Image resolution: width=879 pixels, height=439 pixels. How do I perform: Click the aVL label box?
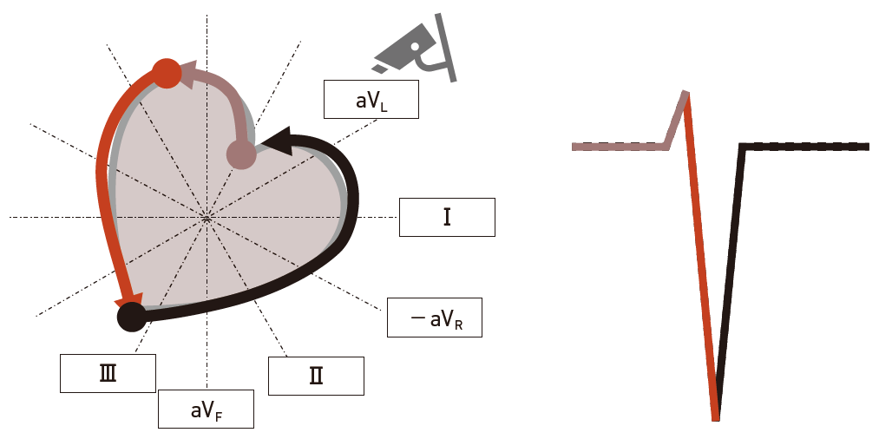(x=371, y=100)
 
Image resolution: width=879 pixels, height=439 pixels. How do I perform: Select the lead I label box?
(x=447, y=217)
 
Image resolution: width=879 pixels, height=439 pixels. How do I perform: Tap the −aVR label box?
(x=434, y=318)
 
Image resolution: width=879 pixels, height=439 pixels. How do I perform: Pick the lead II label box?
(x=316, y=376)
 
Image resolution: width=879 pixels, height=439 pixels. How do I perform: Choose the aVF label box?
(x=206, y=409)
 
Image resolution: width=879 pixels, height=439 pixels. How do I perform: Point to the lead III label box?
(x=108, y=373)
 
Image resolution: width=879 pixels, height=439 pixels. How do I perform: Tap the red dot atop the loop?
(x=166, y=74)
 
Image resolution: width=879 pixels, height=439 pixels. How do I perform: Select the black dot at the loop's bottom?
(x=131, y=318)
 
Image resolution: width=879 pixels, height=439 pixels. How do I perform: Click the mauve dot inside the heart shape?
(x=240, y=155)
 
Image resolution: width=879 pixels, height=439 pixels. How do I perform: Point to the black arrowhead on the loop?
(x=277, y=140)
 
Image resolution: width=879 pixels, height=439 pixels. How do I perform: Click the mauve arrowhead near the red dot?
(x=188, y=75)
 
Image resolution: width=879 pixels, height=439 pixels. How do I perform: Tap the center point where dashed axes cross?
(x=207, y=217)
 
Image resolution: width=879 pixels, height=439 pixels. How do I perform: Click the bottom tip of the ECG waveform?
(x=716, y=418)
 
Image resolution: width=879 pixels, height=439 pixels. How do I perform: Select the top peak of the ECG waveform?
(x=685, y=92)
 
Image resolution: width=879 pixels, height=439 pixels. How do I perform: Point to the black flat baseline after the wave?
(x=807, y=147)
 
